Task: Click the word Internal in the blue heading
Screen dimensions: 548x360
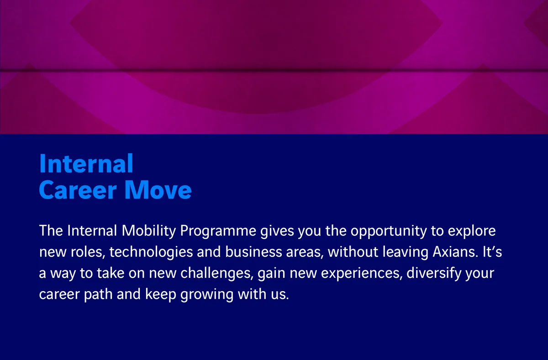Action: pos(86,163)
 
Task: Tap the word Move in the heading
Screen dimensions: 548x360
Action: pos(158,190)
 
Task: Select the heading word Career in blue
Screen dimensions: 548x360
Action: pos(78,190)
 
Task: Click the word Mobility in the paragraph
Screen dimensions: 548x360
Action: pos(149,231)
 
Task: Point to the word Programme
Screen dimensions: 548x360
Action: pos(218,231)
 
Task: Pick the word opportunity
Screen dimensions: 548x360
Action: pos(389,231)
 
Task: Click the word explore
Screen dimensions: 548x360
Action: pos(472,231)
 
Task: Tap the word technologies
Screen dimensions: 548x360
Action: pos(151,252)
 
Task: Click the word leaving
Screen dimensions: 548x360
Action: pos(405,252)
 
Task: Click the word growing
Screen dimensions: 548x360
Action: pos(207,294)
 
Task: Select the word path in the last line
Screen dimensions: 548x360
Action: pos(98,294)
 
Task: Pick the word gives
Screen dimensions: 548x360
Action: pos(277,231)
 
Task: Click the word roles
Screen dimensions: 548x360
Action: pos(88,252)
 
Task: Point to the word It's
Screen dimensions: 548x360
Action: pos(492,252)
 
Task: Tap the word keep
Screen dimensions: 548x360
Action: pos(161,294)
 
